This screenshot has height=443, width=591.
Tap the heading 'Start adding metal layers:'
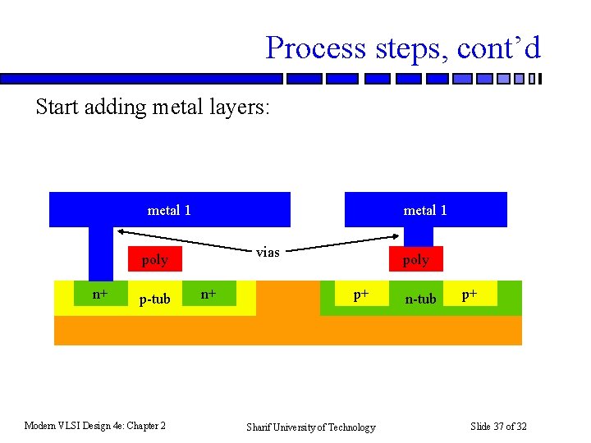click(x=152, y=107)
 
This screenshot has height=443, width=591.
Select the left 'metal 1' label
click(x=169, y=210)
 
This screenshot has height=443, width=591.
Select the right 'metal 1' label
click(x=425, y=210)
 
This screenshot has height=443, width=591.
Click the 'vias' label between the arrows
click(x=268, y=252)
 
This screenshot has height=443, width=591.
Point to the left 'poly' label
click(x=154, y=260)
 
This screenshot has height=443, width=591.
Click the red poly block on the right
click(x=415, y=259)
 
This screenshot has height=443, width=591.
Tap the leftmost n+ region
click(x=99, y=294)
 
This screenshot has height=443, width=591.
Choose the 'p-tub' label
click(x=154, y=299)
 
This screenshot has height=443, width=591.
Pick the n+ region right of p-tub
click(x=210, y=294)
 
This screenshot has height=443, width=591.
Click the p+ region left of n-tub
click(x=360, y=294)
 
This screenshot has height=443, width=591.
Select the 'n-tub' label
click(x=421, y=299)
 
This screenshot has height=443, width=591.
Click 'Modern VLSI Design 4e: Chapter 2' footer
click(x=95, y=425)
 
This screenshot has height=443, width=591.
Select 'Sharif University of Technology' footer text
click(x=311, y=427)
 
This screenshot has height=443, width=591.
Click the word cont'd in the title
click(x=499, y=48)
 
